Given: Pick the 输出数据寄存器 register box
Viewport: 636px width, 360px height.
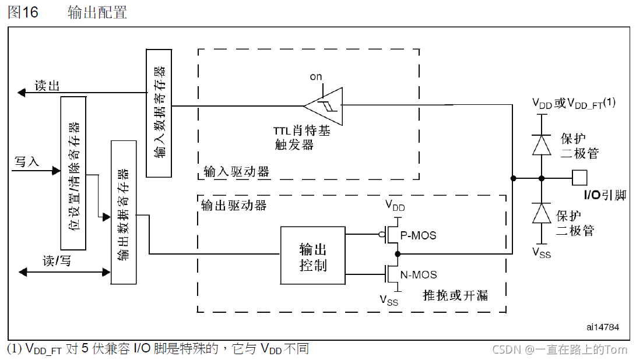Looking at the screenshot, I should tap(122, 212).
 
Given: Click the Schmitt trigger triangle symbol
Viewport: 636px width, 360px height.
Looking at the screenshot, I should tap(325, 105).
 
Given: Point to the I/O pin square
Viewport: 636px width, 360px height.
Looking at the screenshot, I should tap(579, 178).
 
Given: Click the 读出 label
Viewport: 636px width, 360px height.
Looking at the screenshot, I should tap(47, 86).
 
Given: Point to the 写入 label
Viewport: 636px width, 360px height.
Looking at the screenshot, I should tap(27, 161).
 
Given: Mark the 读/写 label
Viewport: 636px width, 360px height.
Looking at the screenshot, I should tap(57, 261).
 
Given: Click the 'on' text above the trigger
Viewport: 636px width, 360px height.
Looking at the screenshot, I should tap(316, 76).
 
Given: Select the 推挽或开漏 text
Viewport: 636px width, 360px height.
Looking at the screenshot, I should tap(455, 295).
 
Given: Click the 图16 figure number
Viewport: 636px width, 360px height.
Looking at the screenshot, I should tap(23, 13).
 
